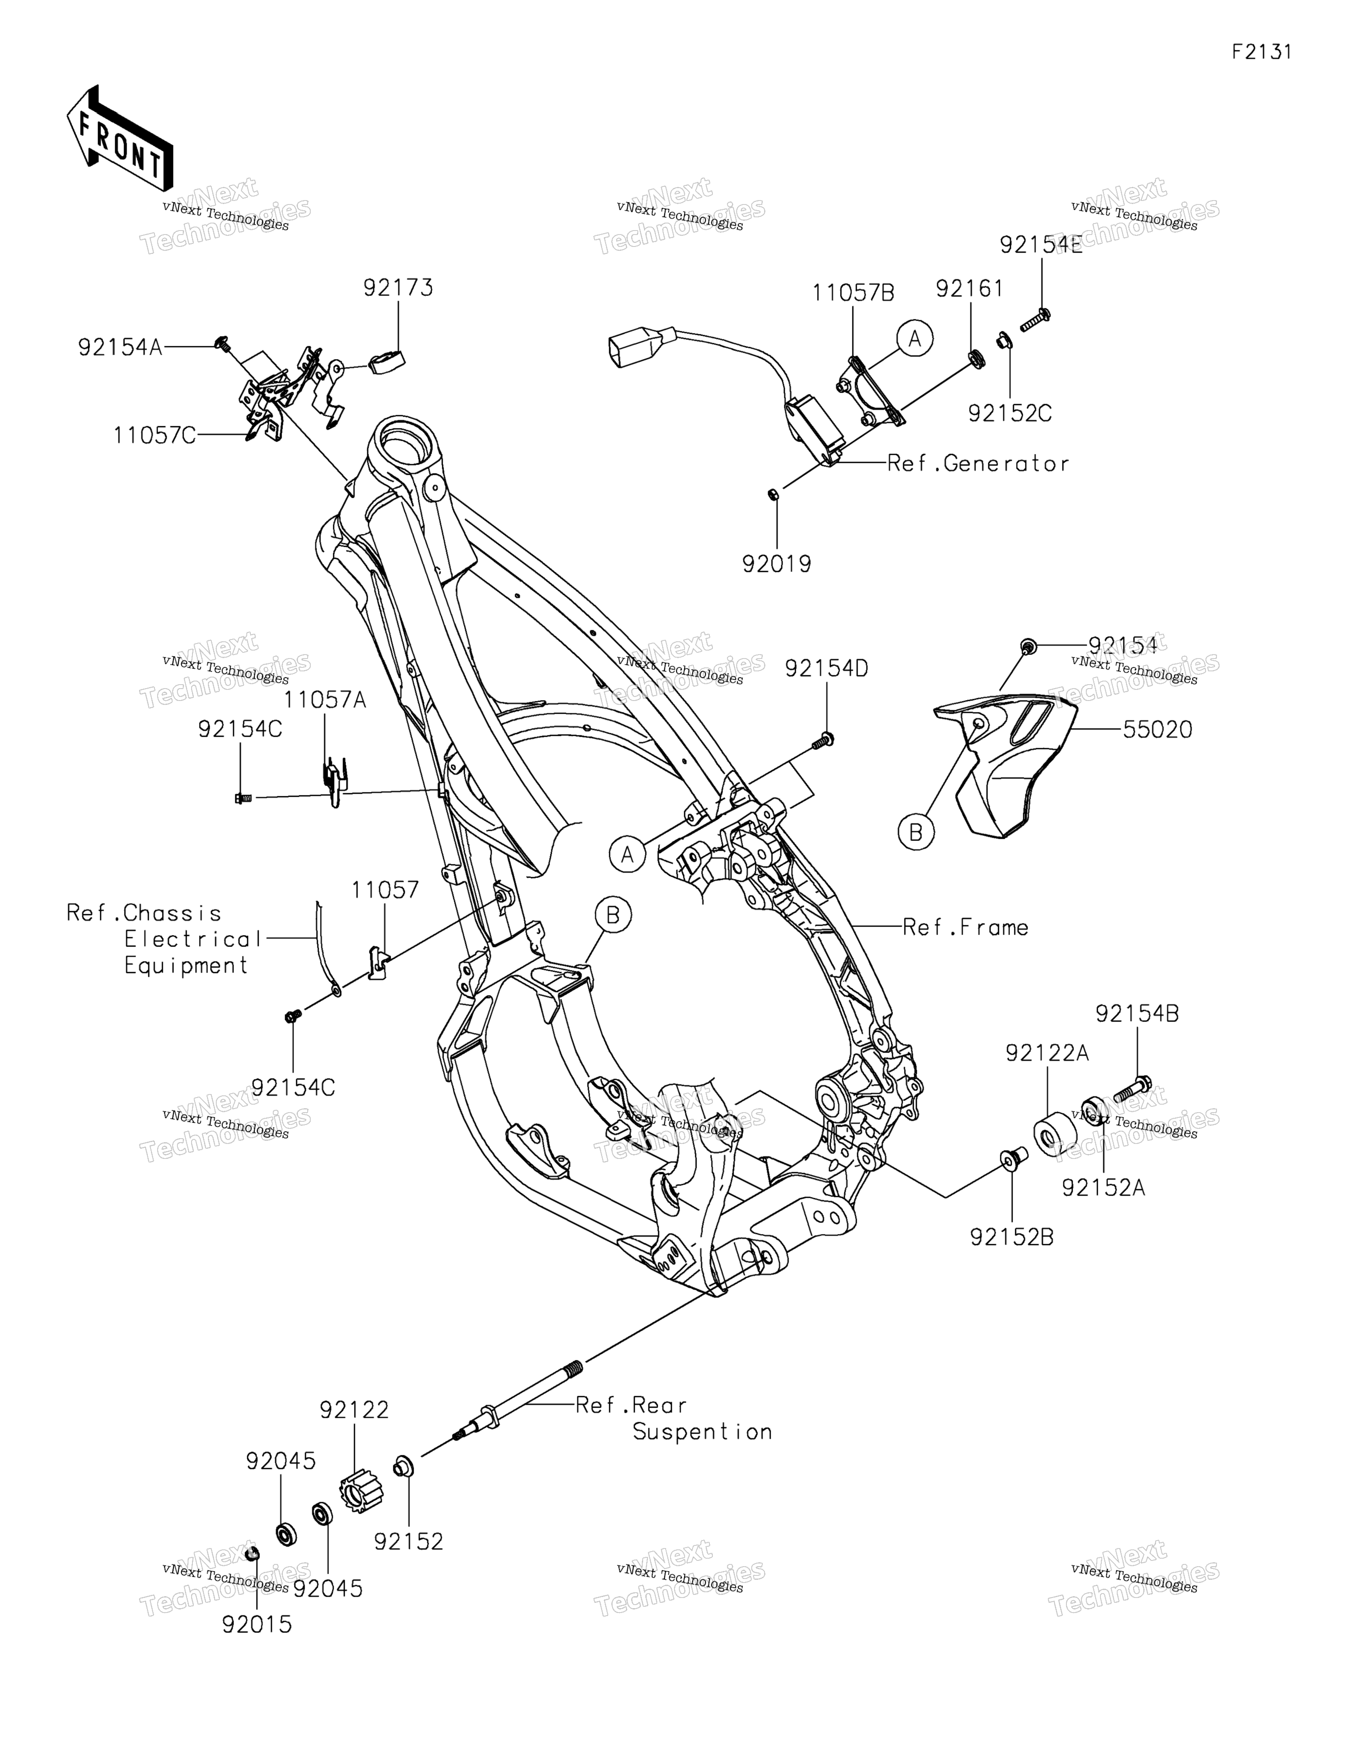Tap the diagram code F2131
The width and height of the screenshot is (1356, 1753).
coord(1262,52)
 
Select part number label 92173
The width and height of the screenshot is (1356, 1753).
coord(398,288)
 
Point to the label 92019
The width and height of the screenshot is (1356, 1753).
coord(777,564)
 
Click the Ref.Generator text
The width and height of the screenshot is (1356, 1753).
coord(978,464)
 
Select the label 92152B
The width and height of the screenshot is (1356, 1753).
coord(1012,1238)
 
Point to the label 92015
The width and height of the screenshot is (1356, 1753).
coord(257,1624)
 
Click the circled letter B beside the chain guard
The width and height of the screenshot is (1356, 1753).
coord(915,833)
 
